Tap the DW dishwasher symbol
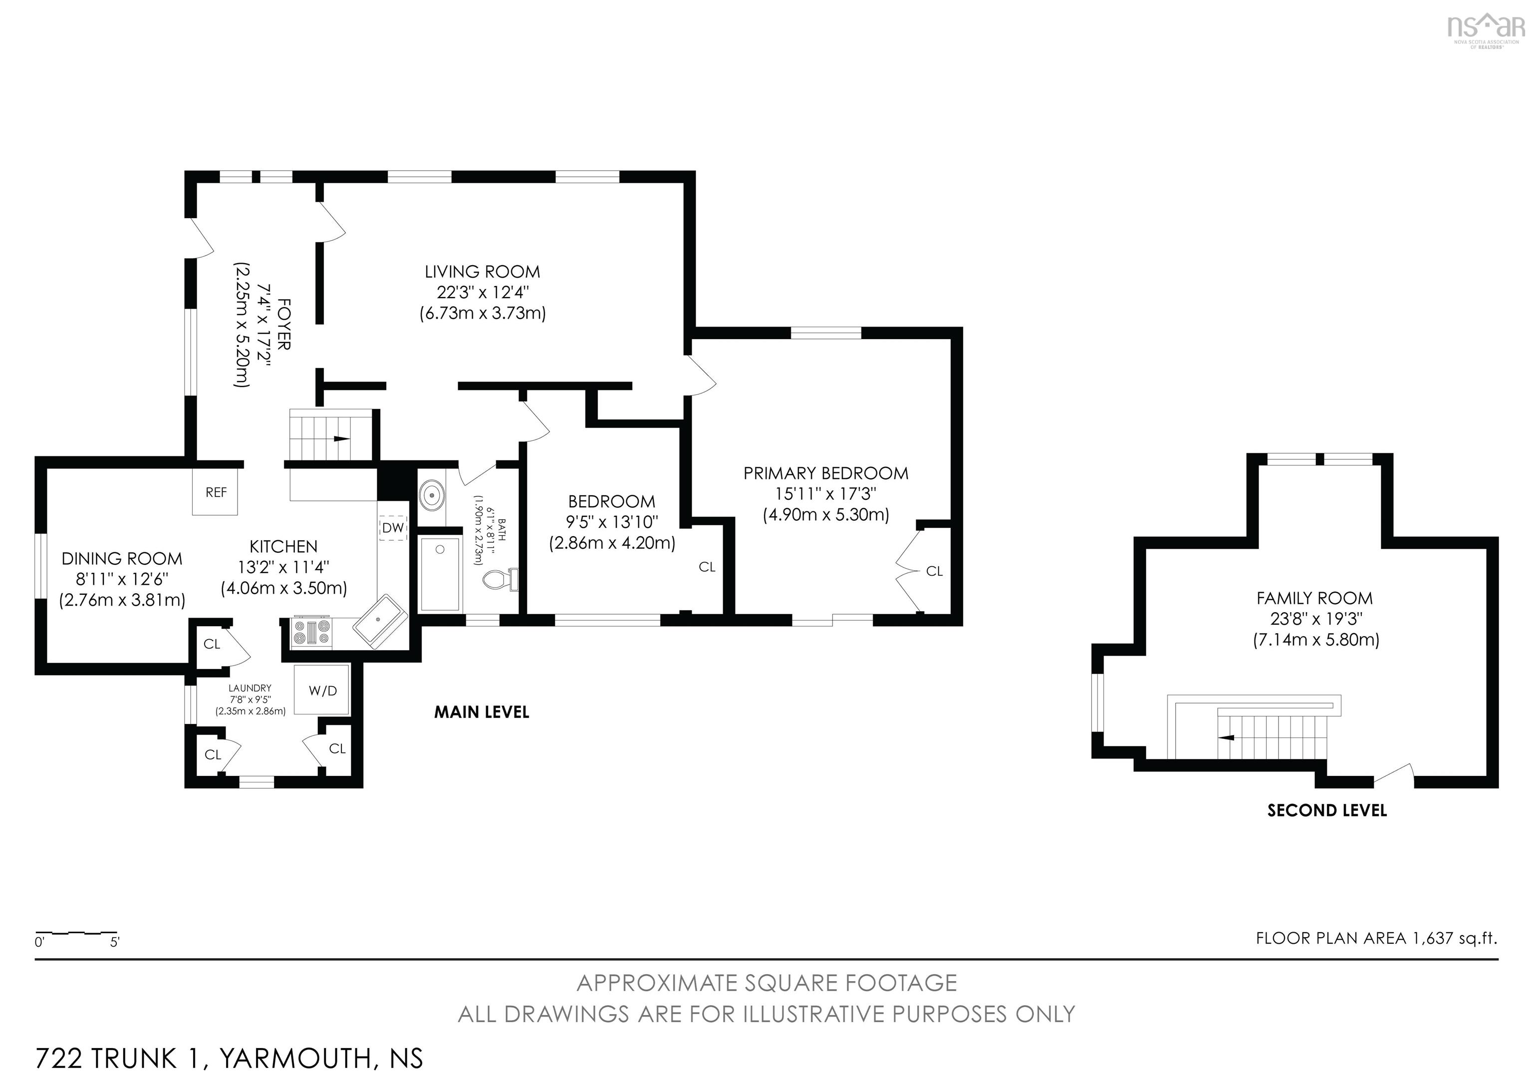pos(393,528)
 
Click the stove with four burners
pos(312,632)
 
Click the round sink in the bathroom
pos(433,496)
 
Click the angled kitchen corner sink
pos(380,621)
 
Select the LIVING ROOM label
pos(482,272)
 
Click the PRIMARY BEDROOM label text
pos(826,473)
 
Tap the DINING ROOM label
pos(122,558)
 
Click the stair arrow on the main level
pos(341,439)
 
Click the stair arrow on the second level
pos(1227,737)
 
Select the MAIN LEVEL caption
pos(482,712)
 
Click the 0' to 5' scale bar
pos(76,932)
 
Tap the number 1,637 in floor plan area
pos(1432,938)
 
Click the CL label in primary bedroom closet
pos(934,571)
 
